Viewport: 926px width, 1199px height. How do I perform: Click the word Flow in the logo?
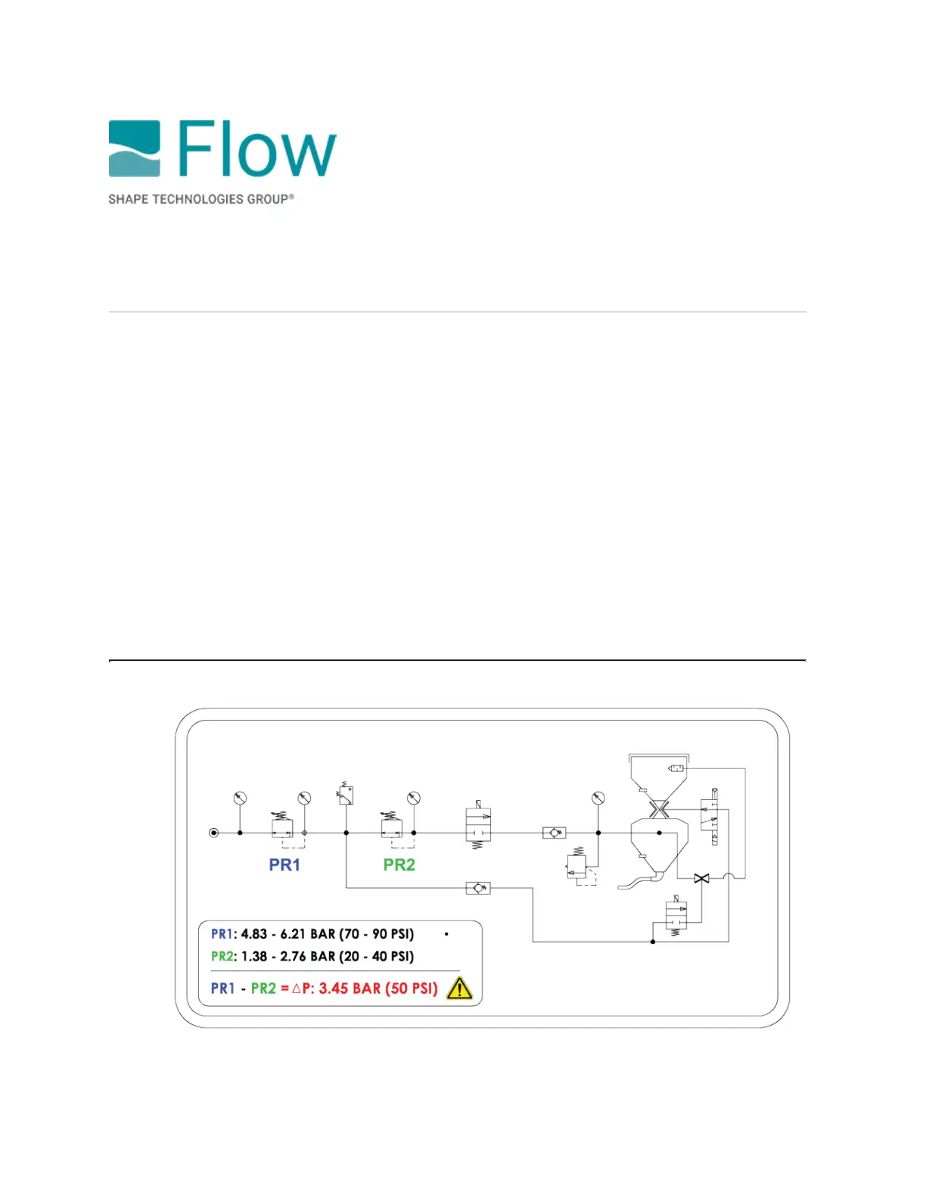point(257,149)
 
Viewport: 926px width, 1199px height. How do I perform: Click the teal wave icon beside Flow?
point(134,148)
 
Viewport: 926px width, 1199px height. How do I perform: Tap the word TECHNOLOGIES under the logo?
point(198,199)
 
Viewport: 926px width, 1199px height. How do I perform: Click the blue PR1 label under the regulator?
point(284,864)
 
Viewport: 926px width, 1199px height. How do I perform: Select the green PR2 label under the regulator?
point(399,864)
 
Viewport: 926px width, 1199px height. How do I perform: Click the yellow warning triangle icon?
point(459,989)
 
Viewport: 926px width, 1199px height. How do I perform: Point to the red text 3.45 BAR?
point(350,989)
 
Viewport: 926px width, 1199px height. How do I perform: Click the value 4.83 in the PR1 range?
point(254,934)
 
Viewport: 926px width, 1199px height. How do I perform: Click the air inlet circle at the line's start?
point(214,833)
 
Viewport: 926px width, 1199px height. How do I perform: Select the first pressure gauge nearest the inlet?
point(240,799)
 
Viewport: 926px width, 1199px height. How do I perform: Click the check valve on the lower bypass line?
point(478,888)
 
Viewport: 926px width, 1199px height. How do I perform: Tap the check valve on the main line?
point(555,833)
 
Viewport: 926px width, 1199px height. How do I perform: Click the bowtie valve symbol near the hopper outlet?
point(701,878)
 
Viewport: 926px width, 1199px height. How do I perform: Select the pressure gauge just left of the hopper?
point(598,799)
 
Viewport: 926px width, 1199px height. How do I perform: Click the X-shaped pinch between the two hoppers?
point(659,810)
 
